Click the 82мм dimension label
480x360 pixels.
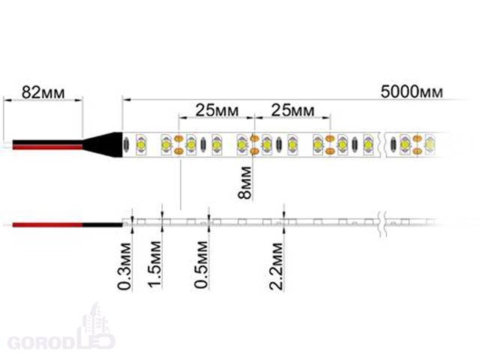(x=43, y=92)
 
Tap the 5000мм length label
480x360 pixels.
(x=412, y=91)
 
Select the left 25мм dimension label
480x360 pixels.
(x=217, y=110)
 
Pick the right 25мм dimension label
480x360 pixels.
(x=292, y=110)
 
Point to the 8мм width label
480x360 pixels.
(x=245, y=183)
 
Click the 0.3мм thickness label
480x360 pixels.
(x=124, y=266)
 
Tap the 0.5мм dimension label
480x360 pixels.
(x=201, y=265)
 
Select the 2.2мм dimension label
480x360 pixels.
(x=276, y=266)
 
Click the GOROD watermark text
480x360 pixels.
(x=40, y=343)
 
